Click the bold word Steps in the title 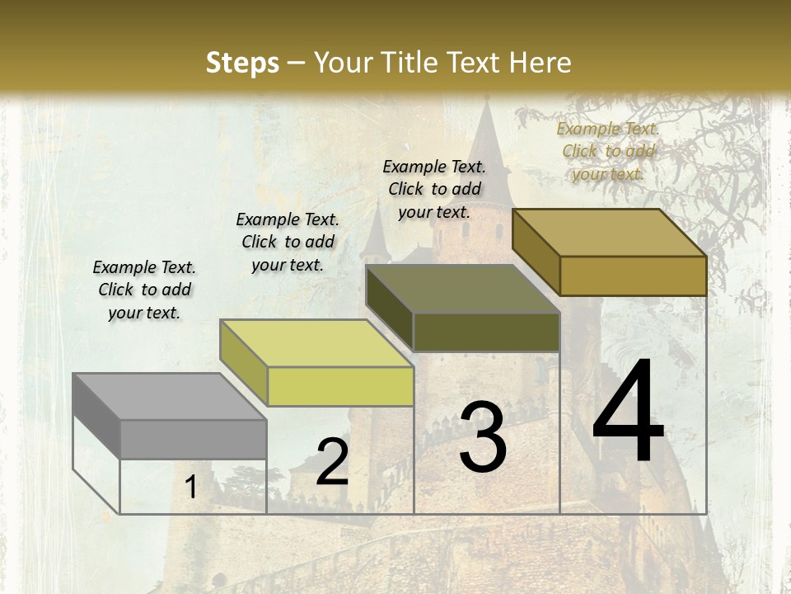tap(241, 63)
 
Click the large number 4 tap(628, 412)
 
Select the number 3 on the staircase tap(483, 437)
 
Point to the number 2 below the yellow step tap(332, 462)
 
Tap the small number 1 tap(191, 488)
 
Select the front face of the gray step tap(193, 439)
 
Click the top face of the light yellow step tap(316, 343)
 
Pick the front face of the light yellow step tap(340, 387)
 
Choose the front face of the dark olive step tap(486, 332)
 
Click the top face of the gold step tap(610, 233)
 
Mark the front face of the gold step tap(633, 276)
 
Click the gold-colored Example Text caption tap(608, 151)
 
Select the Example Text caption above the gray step tap(144, 290)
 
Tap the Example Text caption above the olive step tap(434, 189)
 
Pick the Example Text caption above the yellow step tap(288, 242)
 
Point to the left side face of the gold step tap(536, 252)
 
